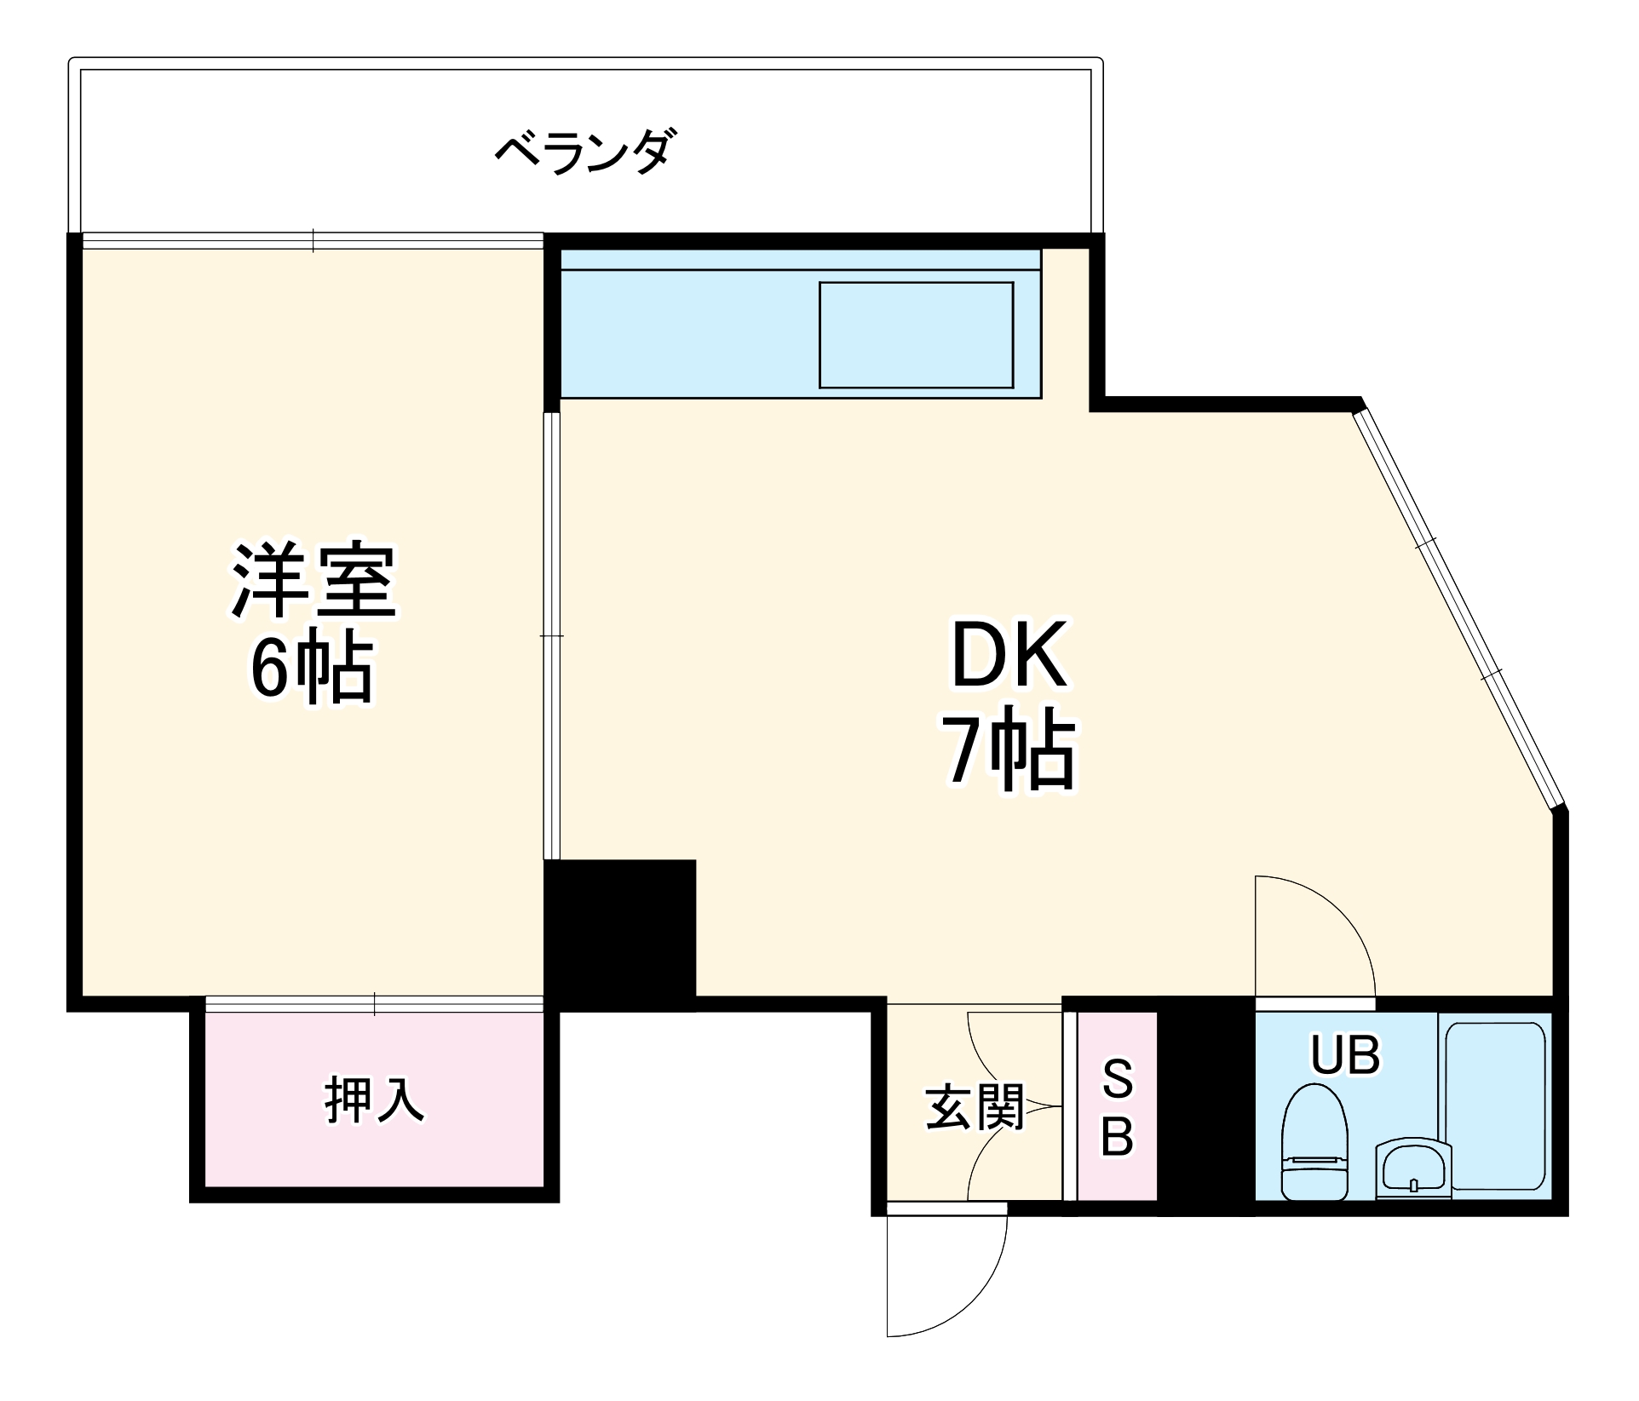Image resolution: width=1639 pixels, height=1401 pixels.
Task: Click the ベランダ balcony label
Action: (x=587, y=152)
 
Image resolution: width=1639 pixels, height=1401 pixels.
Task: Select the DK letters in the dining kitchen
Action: (x=1009, y=655)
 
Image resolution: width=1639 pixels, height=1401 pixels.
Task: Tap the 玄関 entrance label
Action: (x=975, y=1107)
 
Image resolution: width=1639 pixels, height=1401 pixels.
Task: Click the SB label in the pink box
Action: (x=1117, y=1107)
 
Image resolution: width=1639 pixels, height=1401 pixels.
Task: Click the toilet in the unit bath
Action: (x=1314, y=1141)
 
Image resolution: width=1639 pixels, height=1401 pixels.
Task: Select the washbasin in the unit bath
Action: (x=1413, y=1167)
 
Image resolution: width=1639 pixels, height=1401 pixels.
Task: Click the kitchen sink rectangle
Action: (x=916, y=335)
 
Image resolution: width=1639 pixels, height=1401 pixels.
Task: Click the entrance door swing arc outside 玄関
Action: (x=971, y=1295)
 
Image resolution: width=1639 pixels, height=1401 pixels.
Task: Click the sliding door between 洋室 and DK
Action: (x=552, y=635)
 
